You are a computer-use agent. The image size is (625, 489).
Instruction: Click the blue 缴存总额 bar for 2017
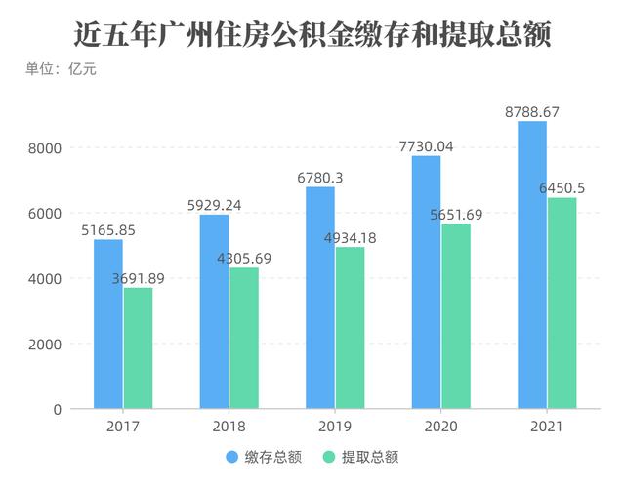pos(108,324)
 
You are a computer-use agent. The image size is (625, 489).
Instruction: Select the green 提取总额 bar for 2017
pos(139,348)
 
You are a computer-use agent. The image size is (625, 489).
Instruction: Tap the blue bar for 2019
pos(320,298)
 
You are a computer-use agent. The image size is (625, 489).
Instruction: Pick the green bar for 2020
pos(456,316)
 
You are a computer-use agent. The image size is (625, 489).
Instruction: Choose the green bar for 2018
pos(244,338)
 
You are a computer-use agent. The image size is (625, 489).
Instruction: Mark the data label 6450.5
pos(562,188)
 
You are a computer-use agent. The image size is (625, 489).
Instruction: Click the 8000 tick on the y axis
pos(44,148)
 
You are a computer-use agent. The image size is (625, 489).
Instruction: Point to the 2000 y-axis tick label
pos(44,345)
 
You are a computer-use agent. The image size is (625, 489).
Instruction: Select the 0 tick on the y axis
pos(58,410)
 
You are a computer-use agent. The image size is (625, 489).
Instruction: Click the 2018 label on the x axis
pos(229,427)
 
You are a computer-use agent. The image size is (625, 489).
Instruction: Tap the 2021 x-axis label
pos(547,427)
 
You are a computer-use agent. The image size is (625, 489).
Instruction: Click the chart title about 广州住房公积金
pos(312,34)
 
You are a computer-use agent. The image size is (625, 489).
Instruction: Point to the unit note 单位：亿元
pos(61,69)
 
